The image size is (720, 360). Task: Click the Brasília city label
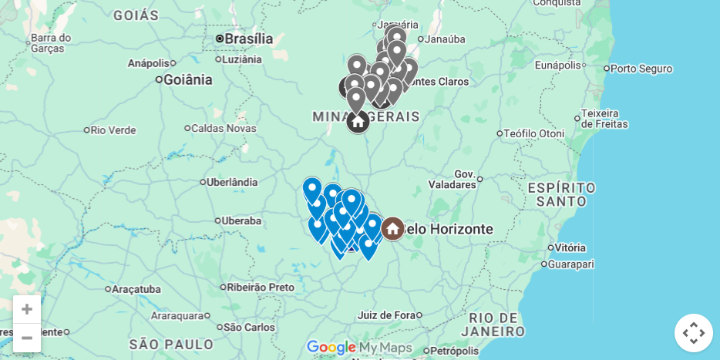click(x=248, y=39)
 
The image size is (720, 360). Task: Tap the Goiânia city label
click(x=187, y=79)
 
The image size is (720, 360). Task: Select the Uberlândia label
click(x=232, y=183)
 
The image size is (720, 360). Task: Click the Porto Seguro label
click(x=641, y=69)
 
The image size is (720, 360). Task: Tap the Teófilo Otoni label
click(x=535, y=133)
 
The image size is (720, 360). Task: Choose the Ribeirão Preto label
click(x=260, y=288)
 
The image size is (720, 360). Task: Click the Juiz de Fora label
click(x=386, y=315)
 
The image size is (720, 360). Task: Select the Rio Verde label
click(x=113, y=130)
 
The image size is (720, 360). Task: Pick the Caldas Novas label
click(x=224, y=128)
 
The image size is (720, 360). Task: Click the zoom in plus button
click(x=27, y=309)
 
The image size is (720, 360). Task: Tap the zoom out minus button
click(x=27, y=338)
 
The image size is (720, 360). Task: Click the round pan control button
click(x=693, y=333)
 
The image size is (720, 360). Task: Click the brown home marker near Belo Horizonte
click(x=392, y=228)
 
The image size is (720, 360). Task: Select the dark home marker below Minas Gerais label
click(x=358, y=121)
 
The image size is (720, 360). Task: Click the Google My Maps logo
click(x=360, y=348)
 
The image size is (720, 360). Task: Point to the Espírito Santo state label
click(x=561, y=194)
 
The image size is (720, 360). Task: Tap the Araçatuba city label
click(x=136, y=289)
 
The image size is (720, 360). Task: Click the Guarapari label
click(x=570, y=264)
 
